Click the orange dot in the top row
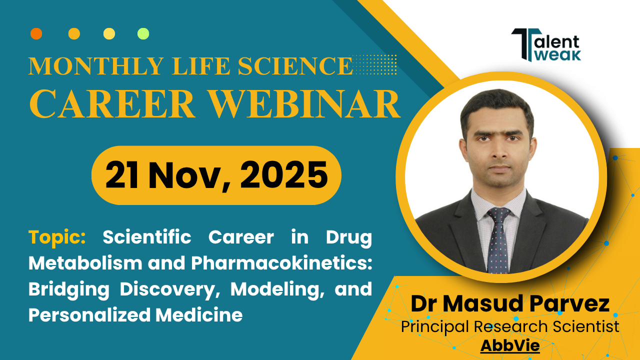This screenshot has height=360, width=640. pos(36,33)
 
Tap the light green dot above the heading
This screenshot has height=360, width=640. pos(143,33)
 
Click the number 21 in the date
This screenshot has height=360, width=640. pos(121,175)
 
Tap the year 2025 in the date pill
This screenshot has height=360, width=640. pos(284,175)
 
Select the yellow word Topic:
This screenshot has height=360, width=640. pos(57,237)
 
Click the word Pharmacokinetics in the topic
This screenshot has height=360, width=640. pos(281,263)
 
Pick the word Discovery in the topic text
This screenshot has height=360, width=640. pos(167,289)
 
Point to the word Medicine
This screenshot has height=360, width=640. pos(199,315)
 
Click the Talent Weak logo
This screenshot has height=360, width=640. pos(546,45)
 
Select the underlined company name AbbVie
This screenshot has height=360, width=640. pos(510,345)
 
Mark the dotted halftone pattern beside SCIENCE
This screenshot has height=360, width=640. pos(373,64)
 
